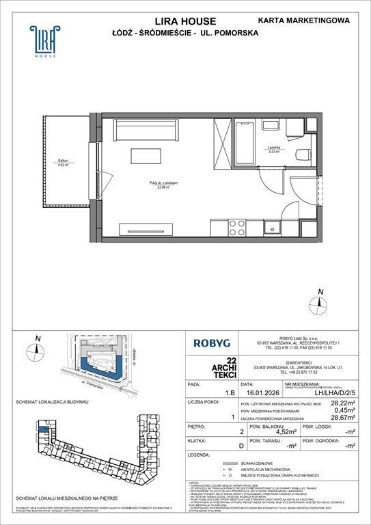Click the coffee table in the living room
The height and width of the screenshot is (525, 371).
[150, 156]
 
